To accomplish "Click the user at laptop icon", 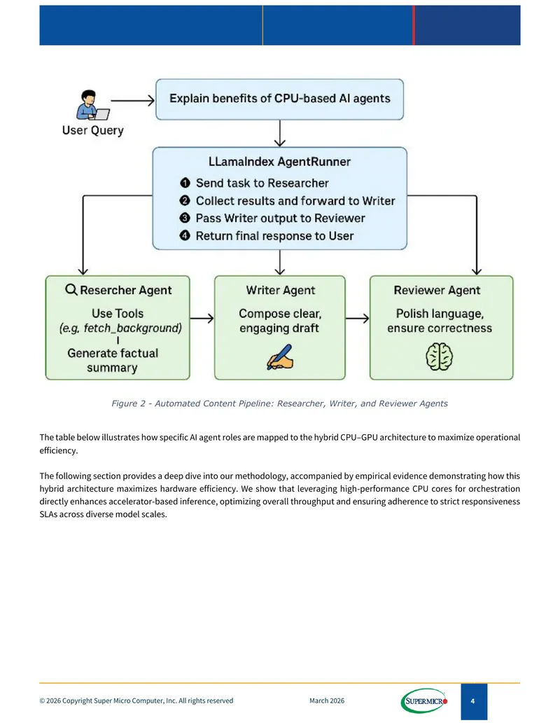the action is click(x=93, y=105).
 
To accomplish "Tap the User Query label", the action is click(x=93, y=130).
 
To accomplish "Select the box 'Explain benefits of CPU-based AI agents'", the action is click(x=279, y=99).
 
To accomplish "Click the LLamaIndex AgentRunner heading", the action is click(x=279, y=162).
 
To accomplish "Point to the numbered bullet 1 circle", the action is click(x=185, y=183).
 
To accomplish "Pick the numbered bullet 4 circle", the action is click(x=185, y=236).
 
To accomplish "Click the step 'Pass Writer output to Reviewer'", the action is click(x=281, y=219).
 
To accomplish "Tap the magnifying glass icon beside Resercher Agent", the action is click(x=71, y=290).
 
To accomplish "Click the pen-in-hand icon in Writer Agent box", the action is click(x=280, y=357).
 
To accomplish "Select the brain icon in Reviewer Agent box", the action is click(x=439, y=357).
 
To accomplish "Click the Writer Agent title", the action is click(x=281, y=291).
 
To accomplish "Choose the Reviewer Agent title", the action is click(x=437, y=291).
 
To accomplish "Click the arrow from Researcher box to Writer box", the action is click(x=202, y=318).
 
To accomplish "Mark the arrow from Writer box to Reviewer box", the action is click(x=357, y=318).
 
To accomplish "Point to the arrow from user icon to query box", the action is click(x=133, y=100).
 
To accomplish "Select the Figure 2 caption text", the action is click(x=279, y=403).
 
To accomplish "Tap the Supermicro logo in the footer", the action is click(x=424, y=701).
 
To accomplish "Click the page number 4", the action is click(x=472, y=701).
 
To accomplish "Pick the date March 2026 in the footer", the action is click(x=327, y=701).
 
